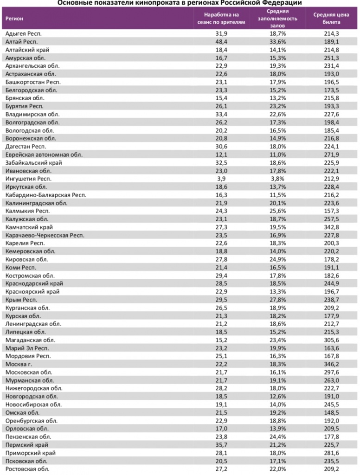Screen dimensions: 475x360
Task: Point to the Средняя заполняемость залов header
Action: [x=278, y=18]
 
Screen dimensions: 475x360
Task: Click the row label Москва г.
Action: [x=18, y=364]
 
